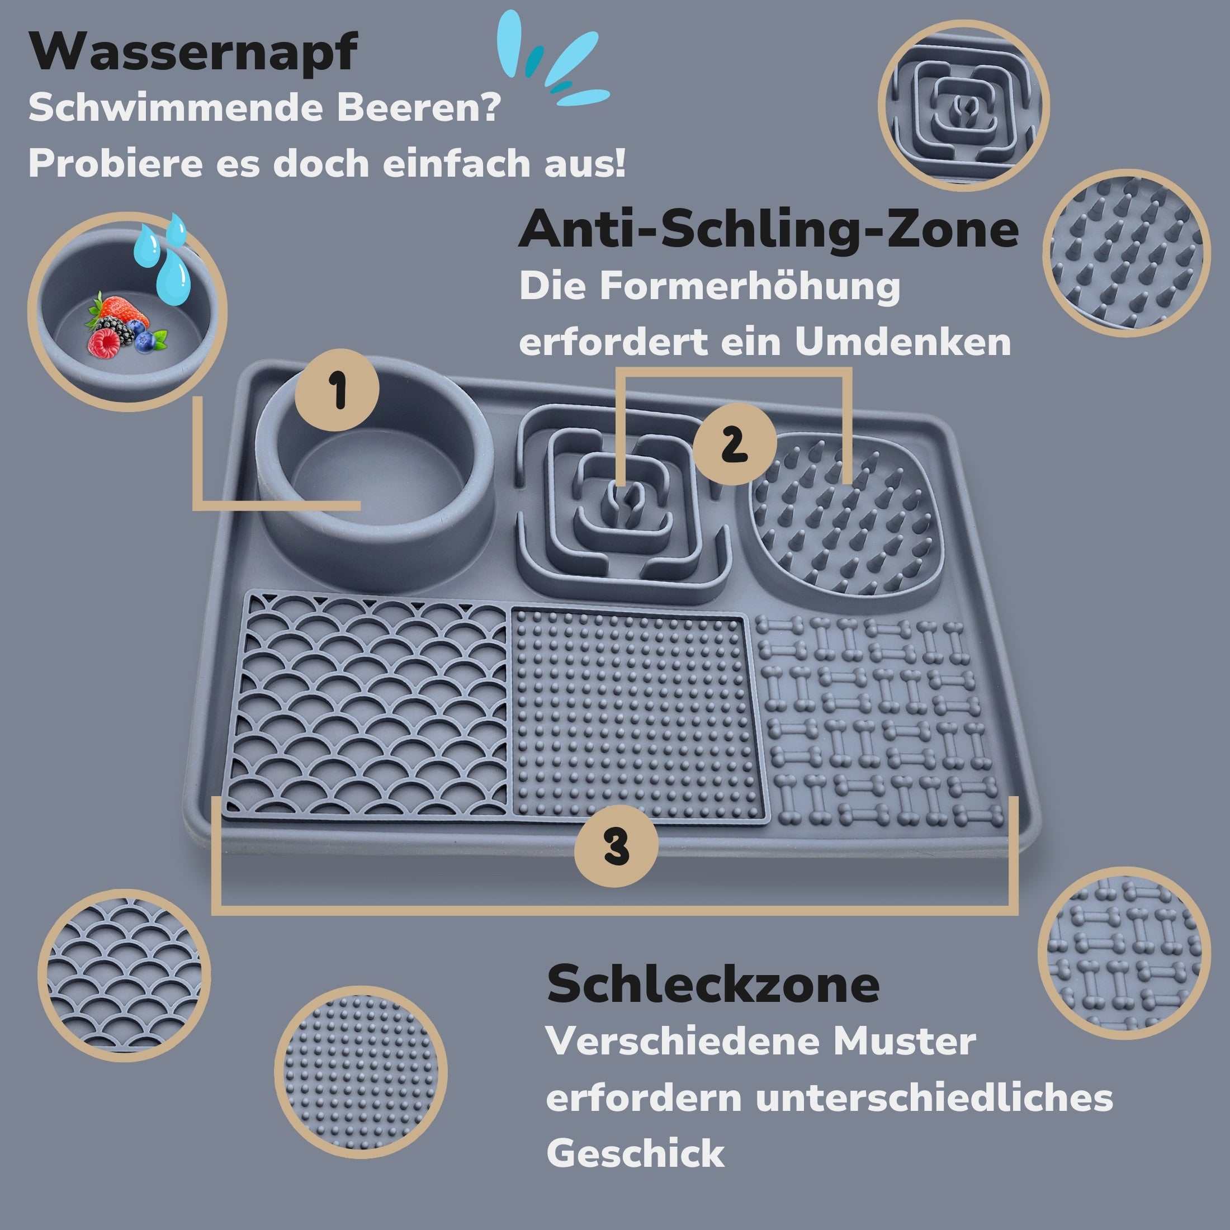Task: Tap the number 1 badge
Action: pos(338,390)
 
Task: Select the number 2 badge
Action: pos(735,444)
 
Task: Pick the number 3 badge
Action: pos(616,846)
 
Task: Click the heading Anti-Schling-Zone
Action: pos(768,229)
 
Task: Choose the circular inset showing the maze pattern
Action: pos(963,105)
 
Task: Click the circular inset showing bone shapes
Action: pos(1123,953)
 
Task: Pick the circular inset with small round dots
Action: pos(361,1073)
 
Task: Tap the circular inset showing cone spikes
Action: pos(1125,253)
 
